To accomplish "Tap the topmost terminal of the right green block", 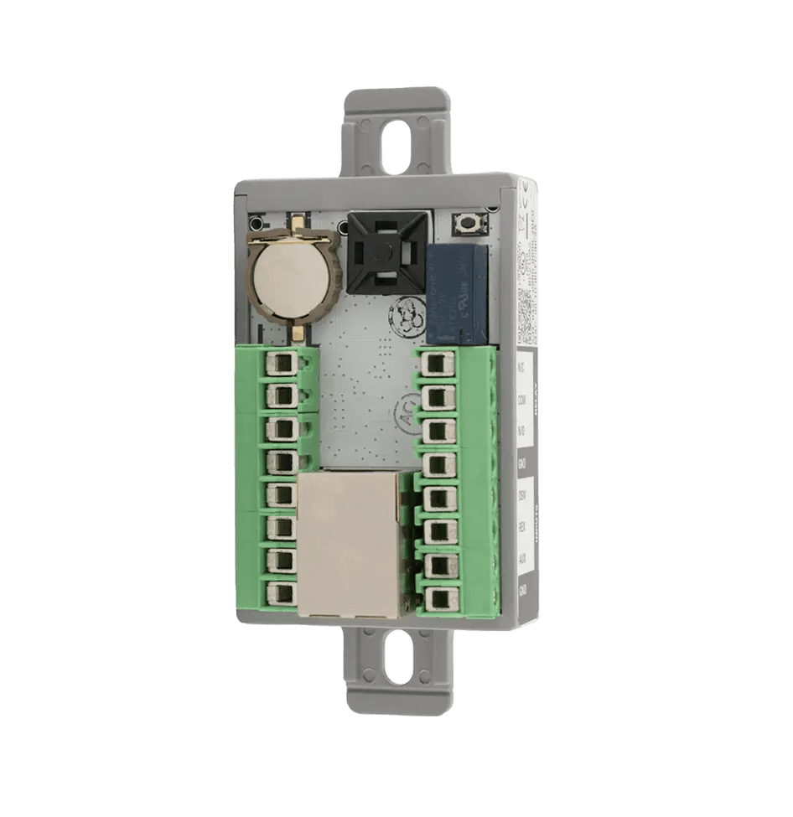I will click(x=434, y=364).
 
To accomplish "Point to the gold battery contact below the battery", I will click(x=298, y=333).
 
